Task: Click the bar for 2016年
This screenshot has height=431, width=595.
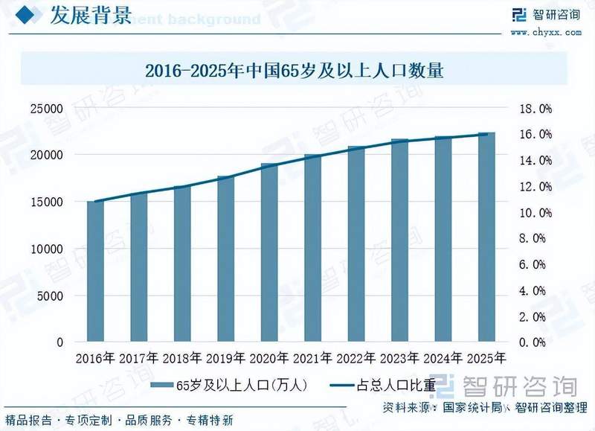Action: pyautogui.click(x=95, y=272)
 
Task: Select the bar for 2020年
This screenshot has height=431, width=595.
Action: pyautogui.click(x=269, y=253)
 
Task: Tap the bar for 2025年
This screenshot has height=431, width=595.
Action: pyautogui.click(x=486, y=237)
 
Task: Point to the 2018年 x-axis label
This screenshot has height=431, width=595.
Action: pyautogui.click(x=182, y=358)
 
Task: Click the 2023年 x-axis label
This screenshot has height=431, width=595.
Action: pyautogui.click(x=399, y=358)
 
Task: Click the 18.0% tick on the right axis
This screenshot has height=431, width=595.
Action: pyautogui.click(x=535, y=109)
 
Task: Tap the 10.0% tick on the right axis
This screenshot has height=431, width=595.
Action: pyautogui.click(x=535, y=213)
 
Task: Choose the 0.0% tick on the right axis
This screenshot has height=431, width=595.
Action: pyautogui.click(x=535, y=342)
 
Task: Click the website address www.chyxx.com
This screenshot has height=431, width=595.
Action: pyautogui.click(x=546, y=32)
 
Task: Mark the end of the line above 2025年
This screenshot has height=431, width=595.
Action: pyautogui.click(x=486, y=134)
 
